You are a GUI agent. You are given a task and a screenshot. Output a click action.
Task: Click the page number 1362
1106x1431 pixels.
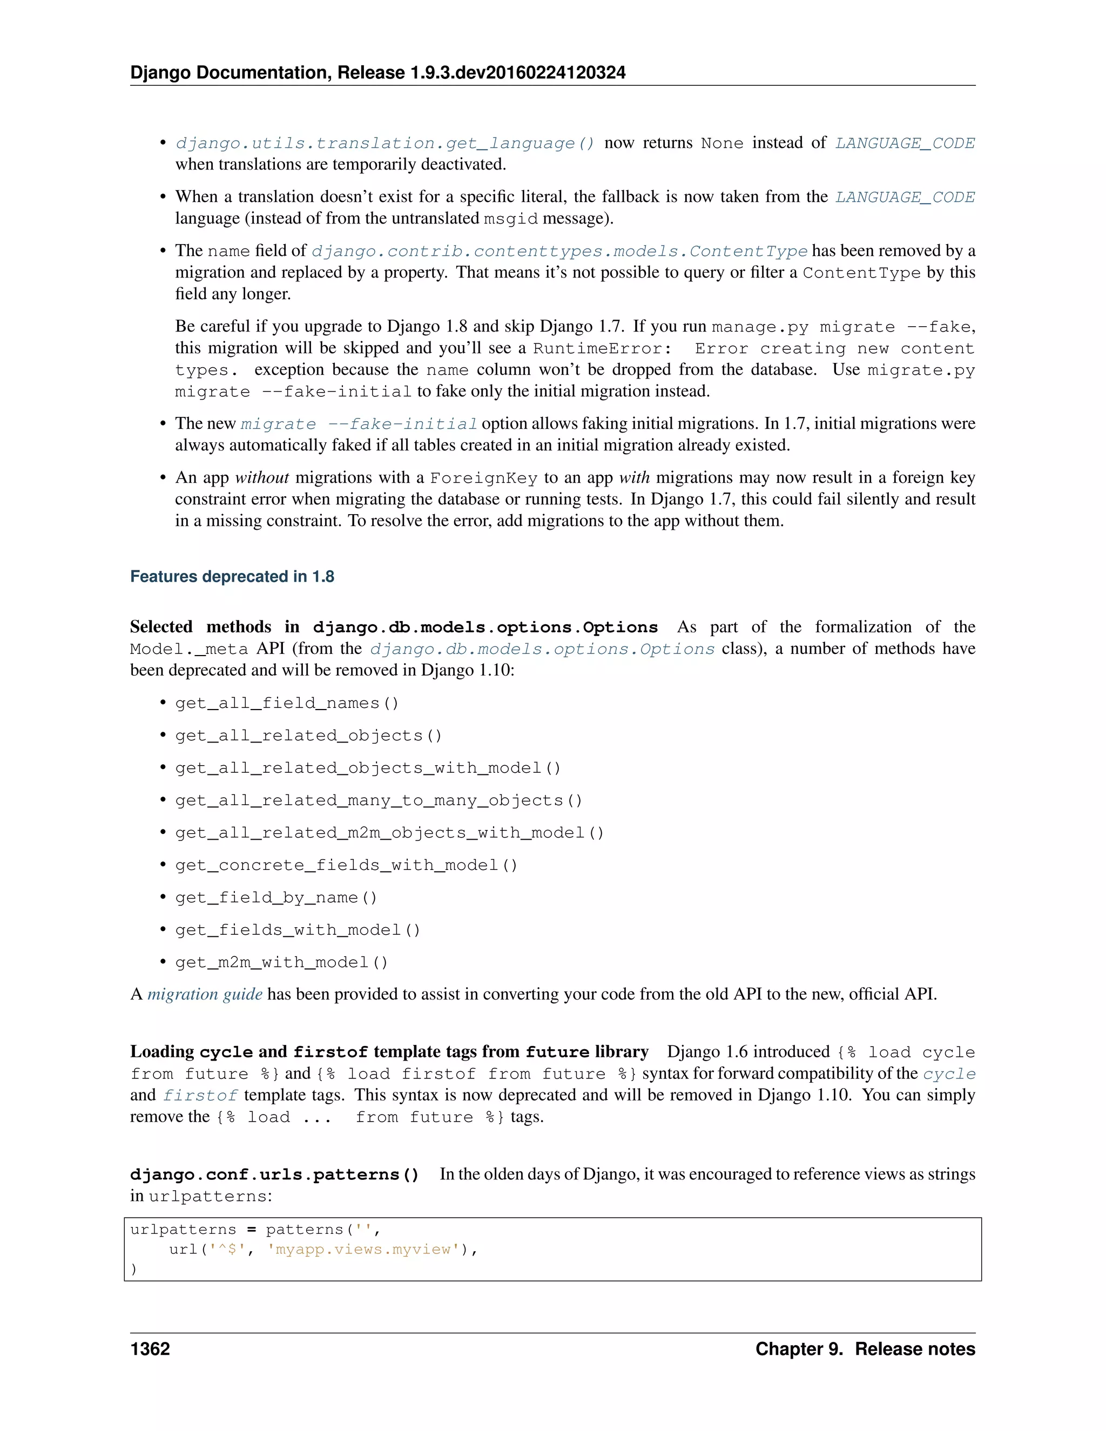pyautogui.click(x=150, y=1349)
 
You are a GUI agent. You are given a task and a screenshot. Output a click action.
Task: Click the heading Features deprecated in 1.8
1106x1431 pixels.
pyautogui.click(x=232, y=577)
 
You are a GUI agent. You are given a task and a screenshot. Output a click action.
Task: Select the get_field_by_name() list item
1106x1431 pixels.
pyautogui.click(x=276, y=897)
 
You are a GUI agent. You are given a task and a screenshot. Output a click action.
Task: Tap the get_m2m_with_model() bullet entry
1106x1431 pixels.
pyautogui.click(x=281, y=962)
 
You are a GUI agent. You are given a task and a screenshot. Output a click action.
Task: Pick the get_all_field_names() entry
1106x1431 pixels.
pyautogui.click(x=286, y=704)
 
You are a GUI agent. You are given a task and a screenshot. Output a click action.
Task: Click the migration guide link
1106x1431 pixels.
pyautogui.click(x=205, y=995)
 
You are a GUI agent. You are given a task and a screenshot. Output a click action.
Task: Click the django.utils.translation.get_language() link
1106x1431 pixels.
pyautogui.click(x=385, y=144)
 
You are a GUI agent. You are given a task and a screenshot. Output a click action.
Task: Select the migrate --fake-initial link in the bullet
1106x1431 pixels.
pyautogui.click(x=359, y=424)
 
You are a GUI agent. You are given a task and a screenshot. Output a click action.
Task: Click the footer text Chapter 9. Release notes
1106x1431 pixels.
pyautogui.click(x=865, y=1349)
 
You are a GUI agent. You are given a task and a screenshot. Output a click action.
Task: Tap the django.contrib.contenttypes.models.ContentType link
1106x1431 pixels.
pyautogui.click(x=559, y=252)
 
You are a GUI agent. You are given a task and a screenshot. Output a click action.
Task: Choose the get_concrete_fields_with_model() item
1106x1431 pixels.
pyautogui.click(x=346, y=866)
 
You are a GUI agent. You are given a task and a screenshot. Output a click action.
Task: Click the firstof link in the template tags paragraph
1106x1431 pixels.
pyautogui.click(x=200, y=1096)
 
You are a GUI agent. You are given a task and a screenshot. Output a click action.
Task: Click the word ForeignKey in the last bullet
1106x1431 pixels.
pyautogui.click(x=483, y=478)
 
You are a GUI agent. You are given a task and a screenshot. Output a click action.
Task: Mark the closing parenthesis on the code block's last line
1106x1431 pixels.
pyautogui.click(x=134, y=1269)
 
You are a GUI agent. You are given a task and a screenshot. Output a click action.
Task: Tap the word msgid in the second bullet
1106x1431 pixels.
pyautogui.click(x=510, y=219)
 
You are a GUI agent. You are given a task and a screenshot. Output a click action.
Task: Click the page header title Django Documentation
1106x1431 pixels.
pyautogui.click(x=230, y=73)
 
